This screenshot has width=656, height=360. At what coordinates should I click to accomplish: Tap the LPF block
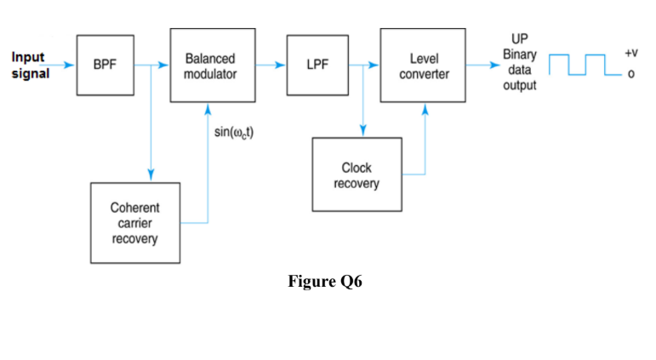(x=317, y=65)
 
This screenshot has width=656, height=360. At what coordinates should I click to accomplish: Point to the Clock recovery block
(x=356, y=174)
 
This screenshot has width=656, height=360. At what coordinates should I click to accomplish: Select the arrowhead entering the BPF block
(x=71, y=64)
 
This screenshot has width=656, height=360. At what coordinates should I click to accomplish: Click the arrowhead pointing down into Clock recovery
(x=363, y=131)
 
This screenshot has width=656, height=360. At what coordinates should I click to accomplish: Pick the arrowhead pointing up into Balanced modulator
(x=209, y=108)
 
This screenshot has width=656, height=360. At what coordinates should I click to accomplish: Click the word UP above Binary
(x=519, y=38)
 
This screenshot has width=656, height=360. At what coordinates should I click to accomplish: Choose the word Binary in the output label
(x=519, y=53)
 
